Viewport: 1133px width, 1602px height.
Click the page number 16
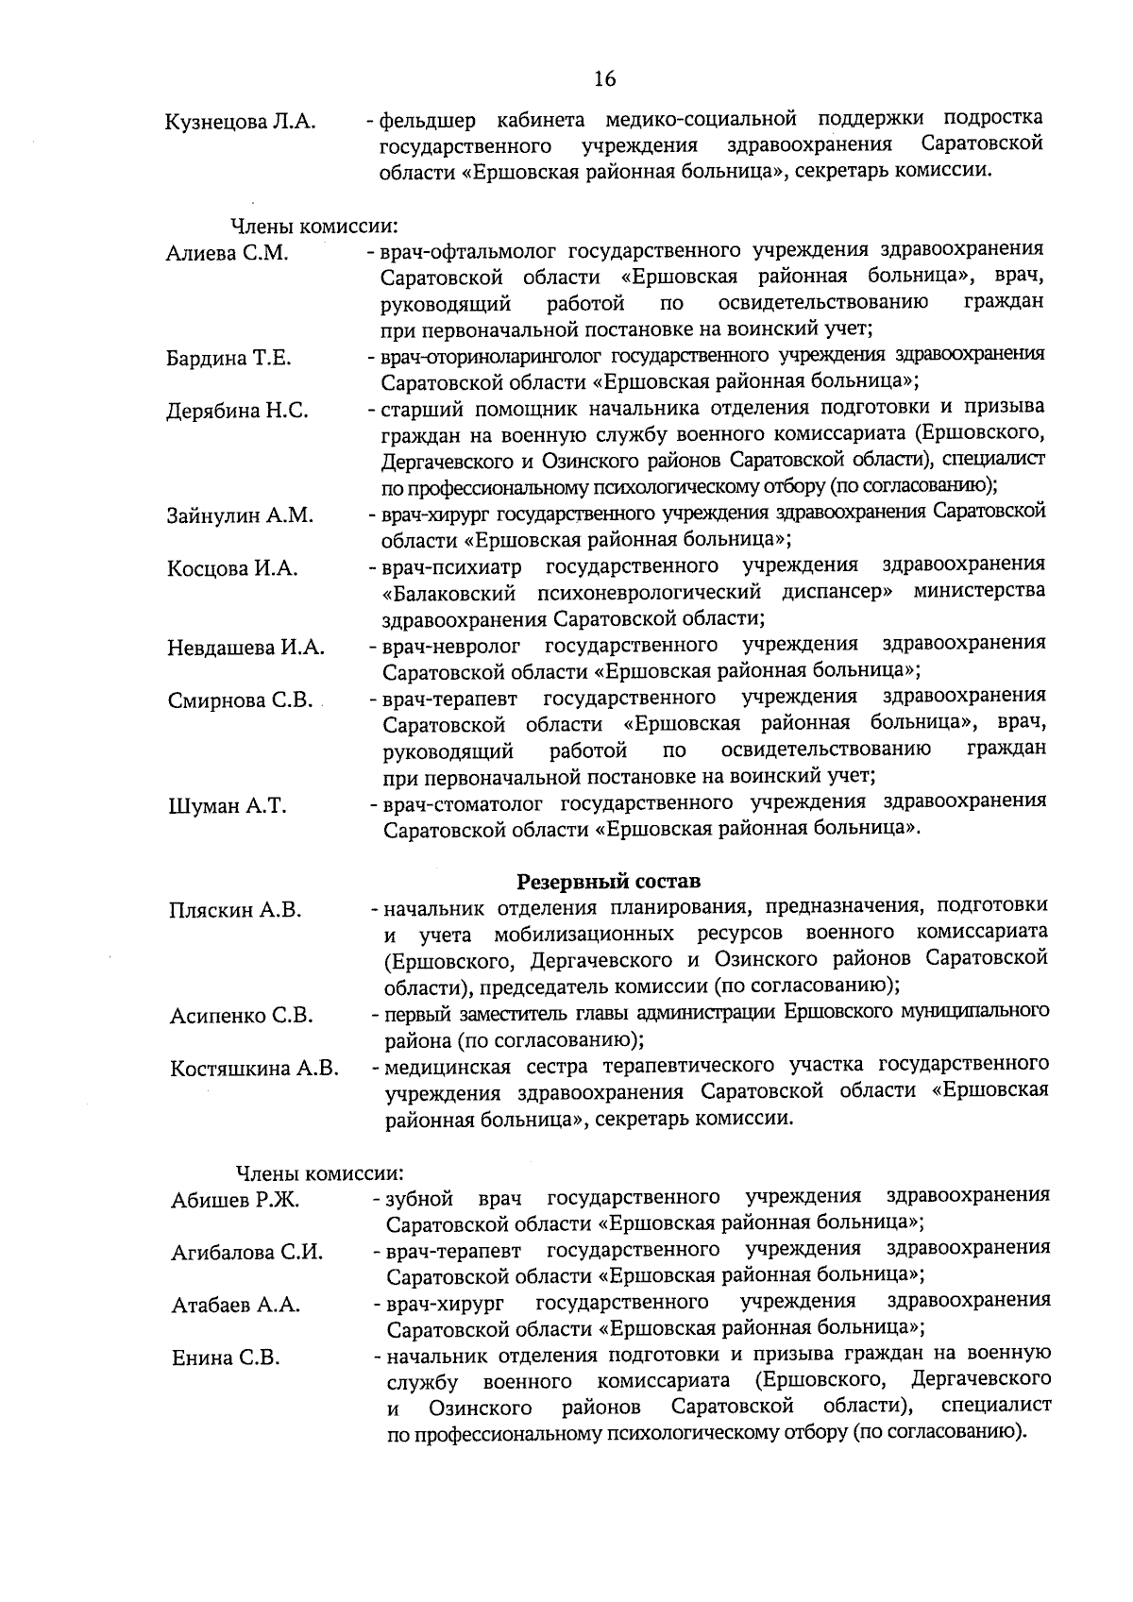605,78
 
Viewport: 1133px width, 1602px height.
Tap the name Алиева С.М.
227,253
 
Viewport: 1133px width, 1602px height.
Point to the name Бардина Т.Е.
228,358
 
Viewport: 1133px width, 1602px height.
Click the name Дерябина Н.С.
237,411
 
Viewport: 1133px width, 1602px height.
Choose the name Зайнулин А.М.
240,515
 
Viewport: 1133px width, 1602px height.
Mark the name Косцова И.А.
232,568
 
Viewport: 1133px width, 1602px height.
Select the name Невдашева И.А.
245,648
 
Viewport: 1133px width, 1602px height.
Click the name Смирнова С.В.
240,700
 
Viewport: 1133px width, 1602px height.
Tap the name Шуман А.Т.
227,805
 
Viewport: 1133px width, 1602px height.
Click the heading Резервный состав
609,882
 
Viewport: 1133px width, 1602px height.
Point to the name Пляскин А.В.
235,910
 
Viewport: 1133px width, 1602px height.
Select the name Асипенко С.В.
241,1016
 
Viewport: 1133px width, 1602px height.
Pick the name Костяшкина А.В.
254,1069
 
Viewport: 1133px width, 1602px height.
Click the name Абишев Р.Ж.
235,1200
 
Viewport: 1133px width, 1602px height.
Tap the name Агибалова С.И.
247,1253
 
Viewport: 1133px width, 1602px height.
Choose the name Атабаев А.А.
236,1306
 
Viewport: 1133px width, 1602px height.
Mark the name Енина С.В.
226,1358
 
